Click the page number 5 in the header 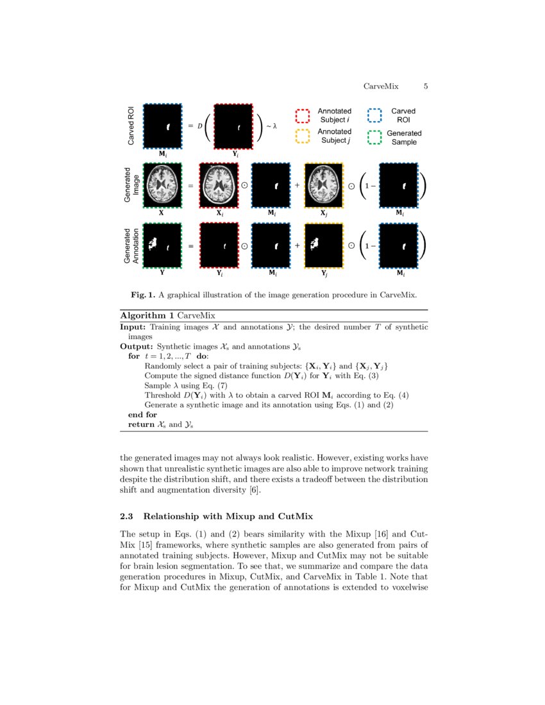pos(426,87)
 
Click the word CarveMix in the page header pos(381,87)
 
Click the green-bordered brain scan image pos(162,185)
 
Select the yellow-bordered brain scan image pos(324,185)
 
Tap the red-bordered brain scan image pos(219,185)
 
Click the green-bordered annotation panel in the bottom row pos(162,245)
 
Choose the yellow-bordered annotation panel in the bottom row pos(324,245)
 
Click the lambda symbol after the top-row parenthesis pos(274,126)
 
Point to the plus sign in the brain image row pos(298,185)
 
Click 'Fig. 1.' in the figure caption pos(143,295)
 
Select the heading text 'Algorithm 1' pos(147,316)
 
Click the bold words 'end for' pos(142,415)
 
